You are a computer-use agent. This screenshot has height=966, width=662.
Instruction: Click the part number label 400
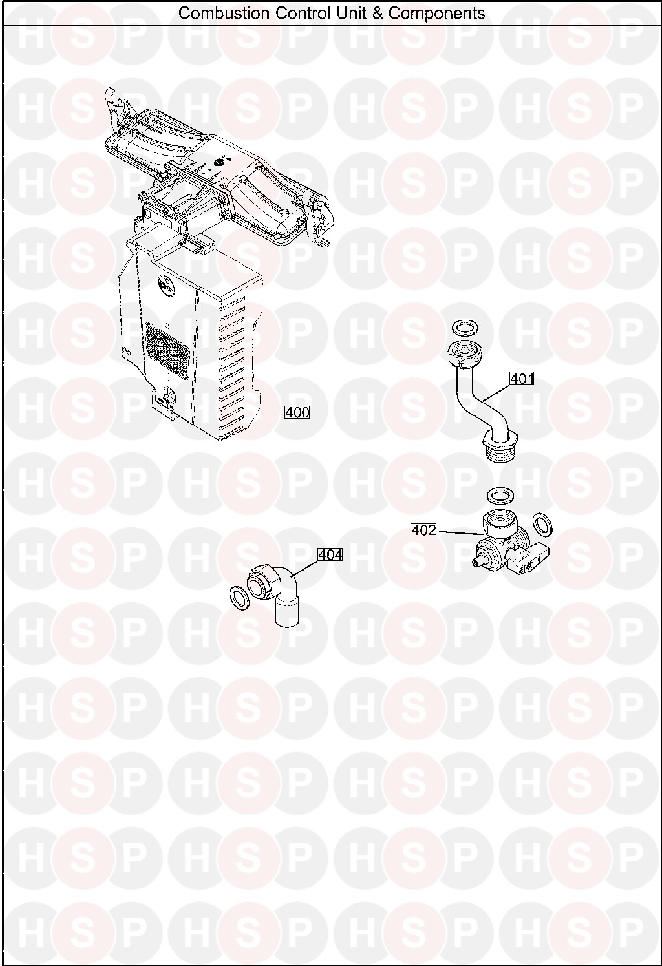297,412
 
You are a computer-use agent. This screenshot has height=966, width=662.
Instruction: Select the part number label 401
522,379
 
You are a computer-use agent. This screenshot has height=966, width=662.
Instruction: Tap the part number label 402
424,530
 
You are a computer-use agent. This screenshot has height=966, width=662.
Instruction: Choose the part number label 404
330,554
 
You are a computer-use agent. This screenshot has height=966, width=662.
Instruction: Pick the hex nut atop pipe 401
463,353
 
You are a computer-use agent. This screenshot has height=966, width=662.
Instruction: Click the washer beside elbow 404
239,599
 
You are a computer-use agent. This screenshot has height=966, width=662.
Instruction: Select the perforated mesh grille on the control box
167,352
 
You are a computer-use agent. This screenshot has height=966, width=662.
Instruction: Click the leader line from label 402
460,532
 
